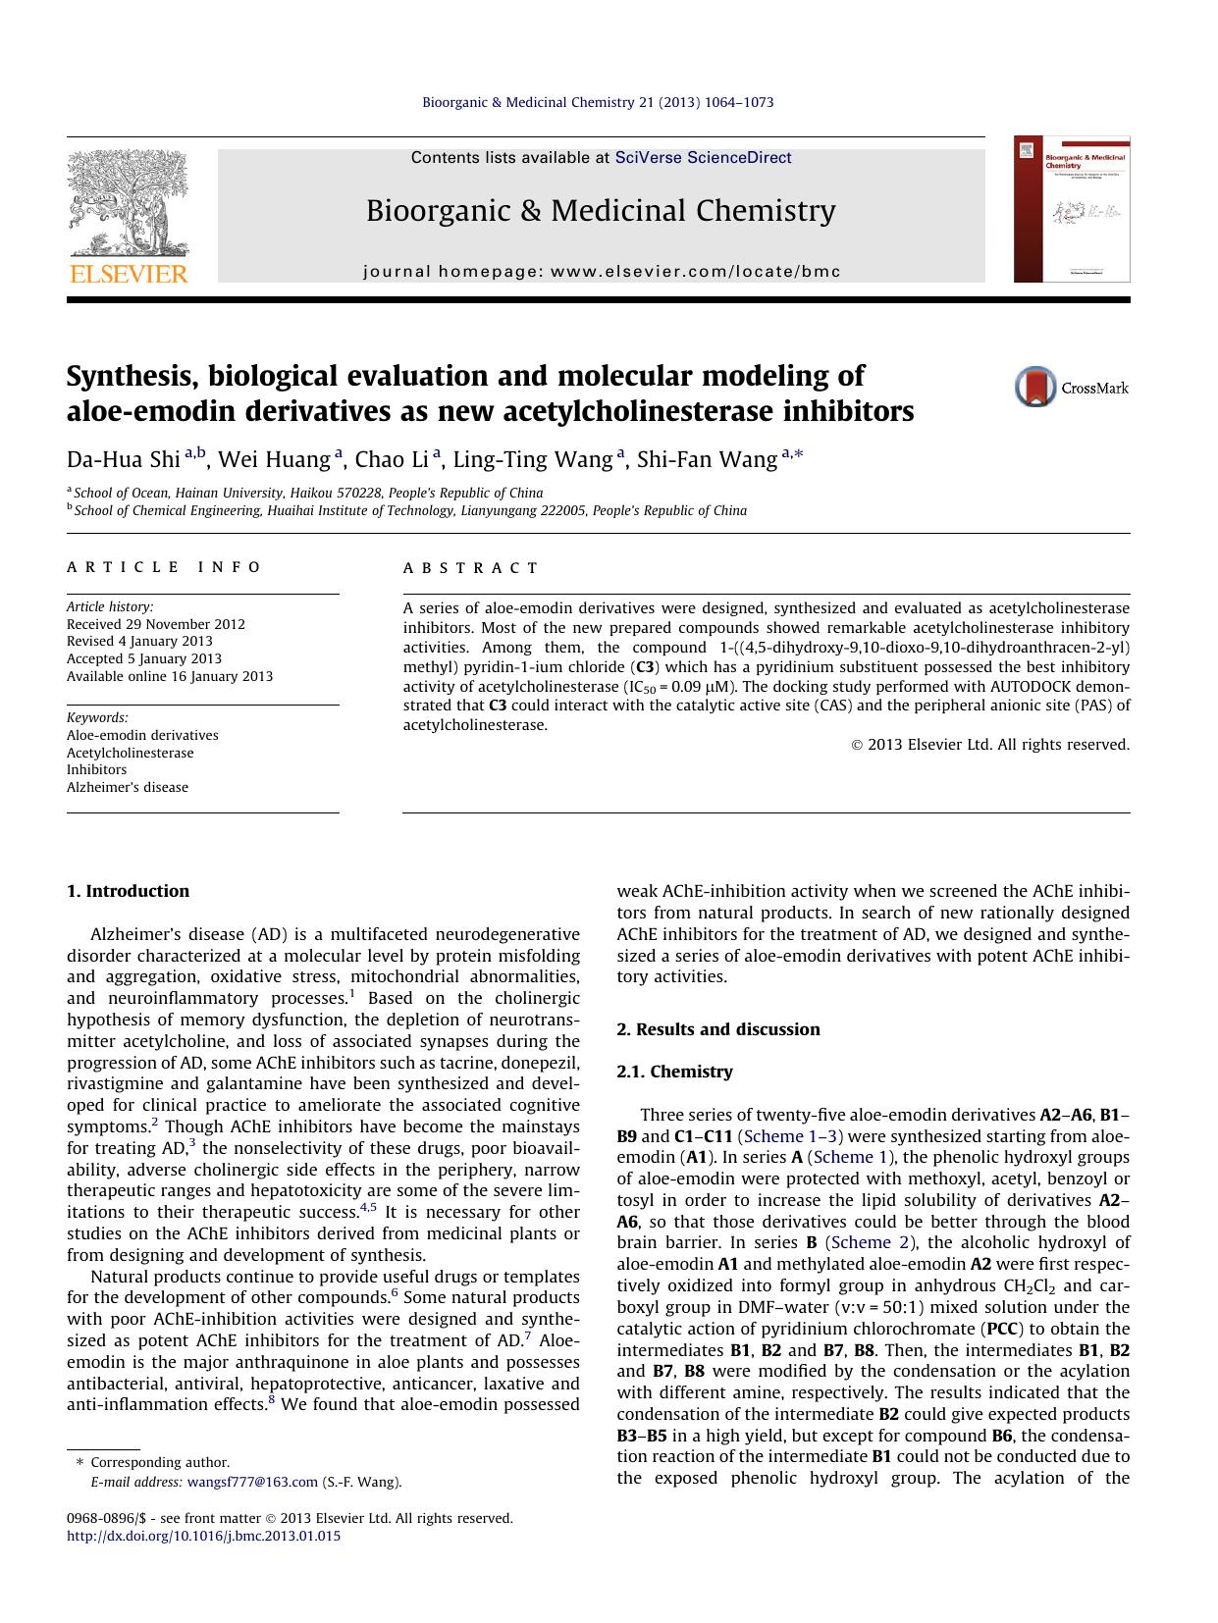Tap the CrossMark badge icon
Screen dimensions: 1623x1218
1035,387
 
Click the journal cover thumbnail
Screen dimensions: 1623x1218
1072,210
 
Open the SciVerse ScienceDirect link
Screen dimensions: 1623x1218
703,158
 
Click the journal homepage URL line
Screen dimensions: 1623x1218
602,272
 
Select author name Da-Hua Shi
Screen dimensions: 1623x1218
123,460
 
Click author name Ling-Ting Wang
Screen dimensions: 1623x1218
532,460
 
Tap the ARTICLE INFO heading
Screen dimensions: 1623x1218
164,567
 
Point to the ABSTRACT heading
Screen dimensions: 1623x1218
470,568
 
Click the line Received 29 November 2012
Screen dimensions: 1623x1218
156,624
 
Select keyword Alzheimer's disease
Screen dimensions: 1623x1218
128,787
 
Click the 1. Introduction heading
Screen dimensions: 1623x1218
128,891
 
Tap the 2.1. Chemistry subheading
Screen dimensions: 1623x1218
674,1072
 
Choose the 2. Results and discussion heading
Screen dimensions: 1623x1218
717,1029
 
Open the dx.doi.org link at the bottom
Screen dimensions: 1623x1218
203,1536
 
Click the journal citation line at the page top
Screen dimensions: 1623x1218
598,102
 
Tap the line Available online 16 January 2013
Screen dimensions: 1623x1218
170,676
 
